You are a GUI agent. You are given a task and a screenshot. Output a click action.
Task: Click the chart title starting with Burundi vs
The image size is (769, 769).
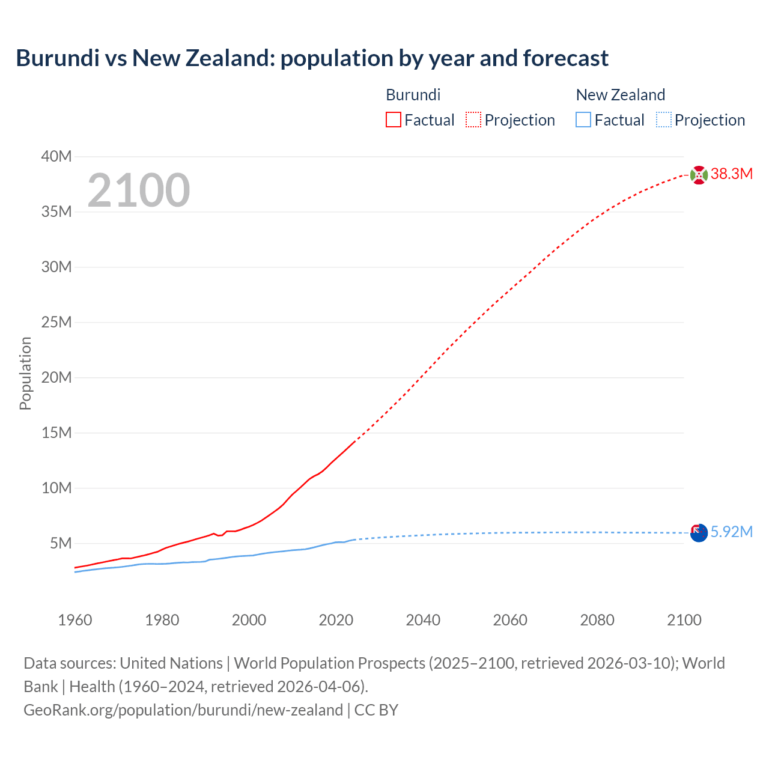click(x=312, y=58)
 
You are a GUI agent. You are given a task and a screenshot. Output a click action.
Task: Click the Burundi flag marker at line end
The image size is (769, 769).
click(x=699, y=175)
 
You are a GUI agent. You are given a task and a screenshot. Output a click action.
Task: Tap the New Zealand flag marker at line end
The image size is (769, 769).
click(x=699, y=532)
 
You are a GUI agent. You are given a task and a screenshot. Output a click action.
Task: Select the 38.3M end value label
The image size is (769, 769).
click(x=731, y=174)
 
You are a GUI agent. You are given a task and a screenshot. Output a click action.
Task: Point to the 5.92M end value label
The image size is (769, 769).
click(x=731, y=532)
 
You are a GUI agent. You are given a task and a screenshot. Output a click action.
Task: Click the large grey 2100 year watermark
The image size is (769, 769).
click(x=139, y=190)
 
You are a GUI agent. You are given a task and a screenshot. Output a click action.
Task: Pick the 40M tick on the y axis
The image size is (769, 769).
click(x=56, y=157)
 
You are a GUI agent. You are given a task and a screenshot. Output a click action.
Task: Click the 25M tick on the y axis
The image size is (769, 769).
click(x=56, y=323)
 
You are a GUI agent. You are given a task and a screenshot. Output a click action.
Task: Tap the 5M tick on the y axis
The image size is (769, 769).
click(x=61, y=544)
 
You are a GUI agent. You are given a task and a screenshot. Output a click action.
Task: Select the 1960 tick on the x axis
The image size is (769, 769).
click(x=75, y=620)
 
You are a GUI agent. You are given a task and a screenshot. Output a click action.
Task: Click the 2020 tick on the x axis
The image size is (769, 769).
click(x=336, y=620)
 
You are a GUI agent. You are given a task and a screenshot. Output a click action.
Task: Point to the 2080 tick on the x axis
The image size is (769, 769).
click(x=597, y=620)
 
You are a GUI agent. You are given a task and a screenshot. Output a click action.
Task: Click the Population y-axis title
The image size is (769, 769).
click(x=25, y=373)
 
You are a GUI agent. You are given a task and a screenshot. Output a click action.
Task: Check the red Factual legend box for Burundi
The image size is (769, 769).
click(x=394, y=120)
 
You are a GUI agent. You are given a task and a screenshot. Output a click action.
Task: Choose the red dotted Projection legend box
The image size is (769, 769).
click(x=473, y=120)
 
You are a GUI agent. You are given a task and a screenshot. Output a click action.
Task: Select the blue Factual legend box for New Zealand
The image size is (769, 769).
click(x=583, y=120)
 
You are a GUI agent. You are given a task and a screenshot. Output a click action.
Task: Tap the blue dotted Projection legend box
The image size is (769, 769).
click(x=663, y=120)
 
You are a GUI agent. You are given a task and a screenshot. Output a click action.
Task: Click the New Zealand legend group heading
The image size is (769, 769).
click(x=621, y=95)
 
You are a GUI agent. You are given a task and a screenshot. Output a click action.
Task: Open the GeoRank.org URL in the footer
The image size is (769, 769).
click(x=183, y=710)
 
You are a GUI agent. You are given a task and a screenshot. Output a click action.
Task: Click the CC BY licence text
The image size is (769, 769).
click(x=376, y=710)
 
